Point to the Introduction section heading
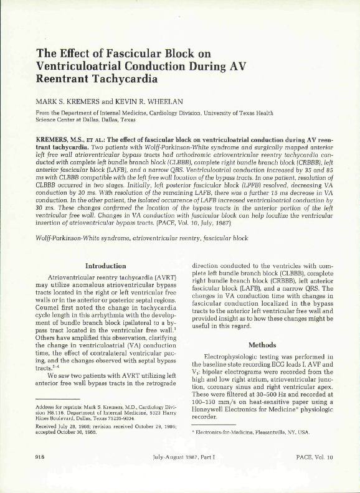[105, 266]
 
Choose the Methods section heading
[262, 344]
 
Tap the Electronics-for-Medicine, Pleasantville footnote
[242, 431]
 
